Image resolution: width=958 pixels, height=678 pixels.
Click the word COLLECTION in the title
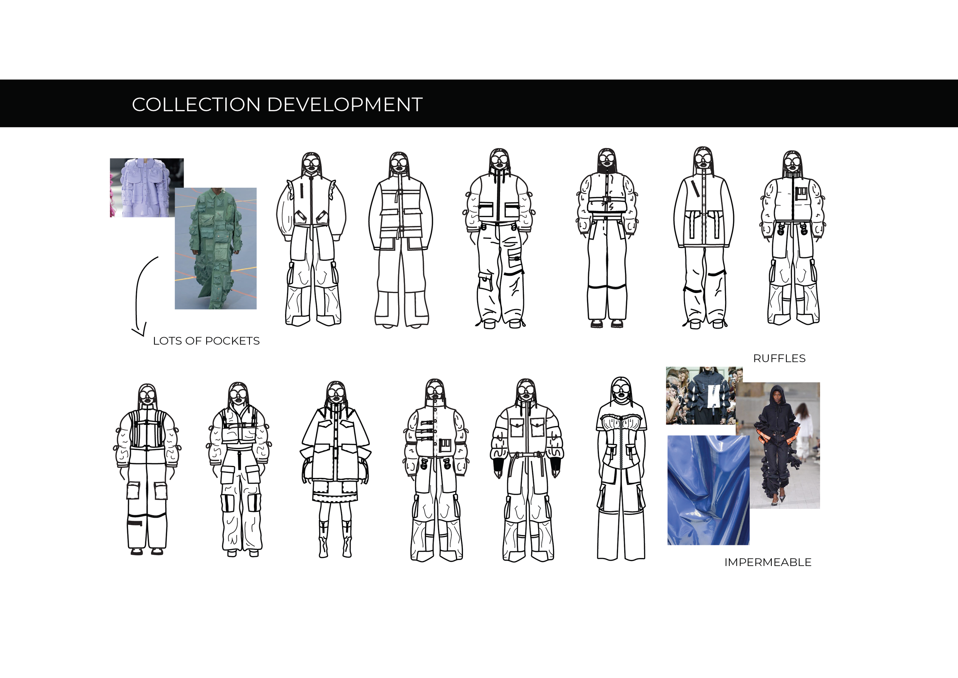pyautogui.click(x=196, y=104)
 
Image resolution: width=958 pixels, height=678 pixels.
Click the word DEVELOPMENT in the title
pyautogui.click(x=345, y=104)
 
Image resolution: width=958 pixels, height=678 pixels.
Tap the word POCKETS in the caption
pyautogui.click(x=232, y=341)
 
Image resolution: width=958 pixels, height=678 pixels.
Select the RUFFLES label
pyautogui.click(x=779, y=358)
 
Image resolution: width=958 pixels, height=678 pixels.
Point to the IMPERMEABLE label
pyautogui.click(x=768, y=562)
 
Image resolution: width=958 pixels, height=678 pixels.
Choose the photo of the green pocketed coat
pyautogui.click(x=216, y=248)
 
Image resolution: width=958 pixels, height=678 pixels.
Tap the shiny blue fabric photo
pyautogui.click(x=708, y=490)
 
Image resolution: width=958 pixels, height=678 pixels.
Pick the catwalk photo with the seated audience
pyautogui.click(x=704, y=396)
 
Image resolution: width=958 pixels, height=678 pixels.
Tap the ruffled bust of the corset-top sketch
pyautogui.click(x=621, y=423)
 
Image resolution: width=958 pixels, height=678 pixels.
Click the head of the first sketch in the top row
pyautogui.click(x=311, y=164)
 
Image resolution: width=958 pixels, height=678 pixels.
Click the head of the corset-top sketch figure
pyautogui.click(x=621, y=390)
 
